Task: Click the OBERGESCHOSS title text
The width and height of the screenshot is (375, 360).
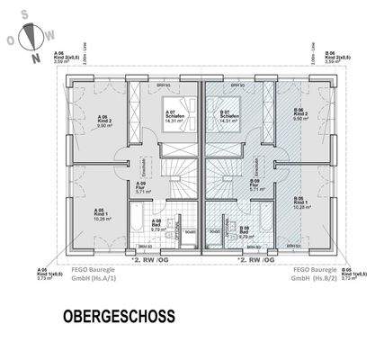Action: tap(119, 318)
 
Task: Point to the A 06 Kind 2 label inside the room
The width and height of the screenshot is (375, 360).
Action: tap(104, 121)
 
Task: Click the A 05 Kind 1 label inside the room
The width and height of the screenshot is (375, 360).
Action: tap(104, 212)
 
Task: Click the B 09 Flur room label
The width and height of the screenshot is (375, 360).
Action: tap(254, 185)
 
